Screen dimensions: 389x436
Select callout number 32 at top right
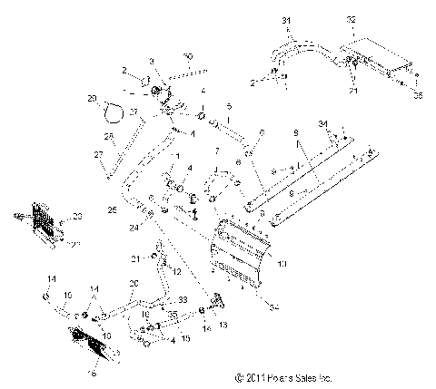[351, 18]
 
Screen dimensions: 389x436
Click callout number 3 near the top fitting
[152, 61]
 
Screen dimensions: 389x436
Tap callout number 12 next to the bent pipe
[177, 272]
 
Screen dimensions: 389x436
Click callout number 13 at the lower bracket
[223, 323]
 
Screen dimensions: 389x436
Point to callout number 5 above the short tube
[229, 105]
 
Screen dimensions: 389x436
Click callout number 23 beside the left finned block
[76, 215]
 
